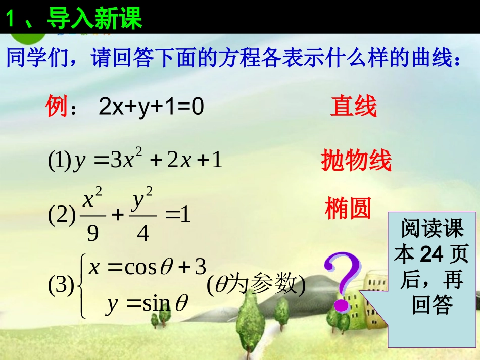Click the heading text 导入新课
pyautogui.click(x=94, y=19)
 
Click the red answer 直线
pyautogui.click(x=354, y=107)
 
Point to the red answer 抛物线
pyautogui.click(x=356, y=161)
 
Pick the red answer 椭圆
pyautogui.click(x=348, y=208)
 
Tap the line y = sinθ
pyautogui.click(x=147, y=304)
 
